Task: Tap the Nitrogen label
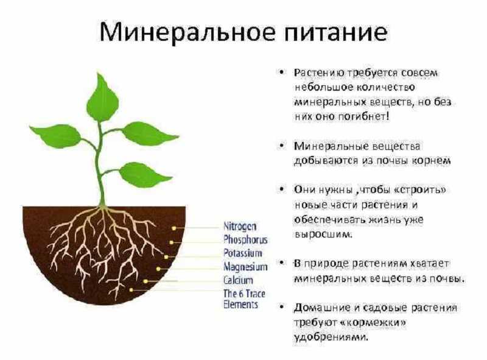pyautogui.click(x=240, y=227)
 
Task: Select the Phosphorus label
pyautogui.click(x=245, y=239)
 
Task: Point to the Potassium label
pyautogui.click(x=243, y=253)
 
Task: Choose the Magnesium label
pyautogui.click(x=245, y=267)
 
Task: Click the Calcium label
pyautogui.click(x=238, y=280)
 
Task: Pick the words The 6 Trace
pyautogui.click(x=244, y=294)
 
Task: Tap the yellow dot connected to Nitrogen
pyautogui.click(x=174, y=228)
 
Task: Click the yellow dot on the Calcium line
pyautogui.click(x=145, y=281)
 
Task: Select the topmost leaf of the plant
pyautogui.click(x=102, y=97)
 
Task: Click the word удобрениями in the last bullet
pyautogui.click(x=331, y=337)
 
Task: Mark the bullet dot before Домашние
pyautogui.click(x=281, y=308)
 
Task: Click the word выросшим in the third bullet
pyautogui.click(x=323, y=235)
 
